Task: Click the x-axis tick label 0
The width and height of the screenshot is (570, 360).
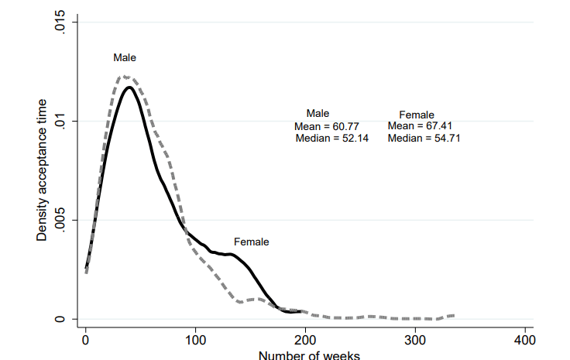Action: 85,339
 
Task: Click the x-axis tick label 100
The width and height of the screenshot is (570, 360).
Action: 195,339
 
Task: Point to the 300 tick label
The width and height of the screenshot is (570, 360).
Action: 414,339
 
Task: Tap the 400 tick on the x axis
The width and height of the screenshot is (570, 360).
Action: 524,339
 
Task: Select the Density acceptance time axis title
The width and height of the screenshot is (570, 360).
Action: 43,171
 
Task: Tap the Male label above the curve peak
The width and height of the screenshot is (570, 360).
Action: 124,57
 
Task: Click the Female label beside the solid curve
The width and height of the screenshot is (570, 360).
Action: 251,242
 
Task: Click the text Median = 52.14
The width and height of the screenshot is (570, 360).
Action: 332,138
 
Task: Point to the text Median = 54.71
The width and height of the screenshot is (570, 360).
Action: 425,138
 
